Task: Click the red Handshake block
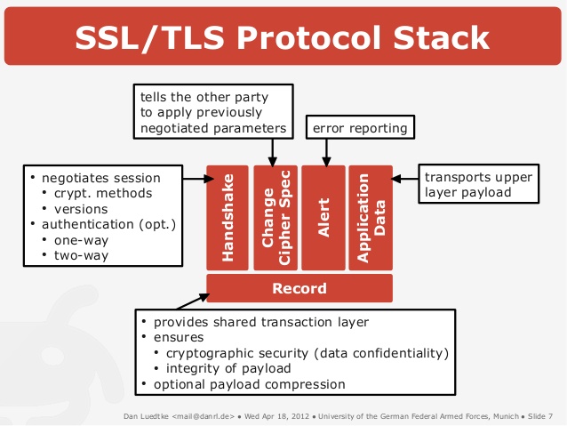(228, 217)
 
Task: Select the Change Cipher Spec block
(276, 217)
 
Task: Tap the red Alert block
(323, 217)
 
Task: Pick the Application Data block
(370, 217)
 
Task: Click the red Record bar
(299, 288)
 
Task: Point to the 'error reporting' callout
(360, 128)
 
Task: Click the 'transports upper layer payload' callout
(478, 183)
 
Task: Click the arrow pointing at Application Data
(405, 179)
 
